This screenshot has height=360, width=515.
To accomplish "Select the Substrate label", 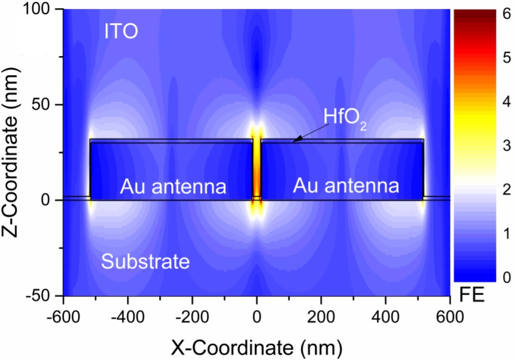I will tap(145, 261).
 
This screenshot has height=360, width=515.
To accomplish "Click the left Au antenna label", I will tap(173, 187).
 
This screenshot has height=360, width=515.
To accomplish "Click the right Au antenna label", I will tap(346, 187).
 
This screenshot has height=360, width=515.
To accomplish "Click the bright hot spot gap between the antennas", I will tap(257, 170).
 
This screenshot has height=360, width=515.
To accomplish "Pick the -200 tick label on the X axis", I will tap(192, 314).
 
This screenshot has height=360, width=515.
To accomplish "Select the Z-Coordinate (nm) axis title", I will tap(13, 152).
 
